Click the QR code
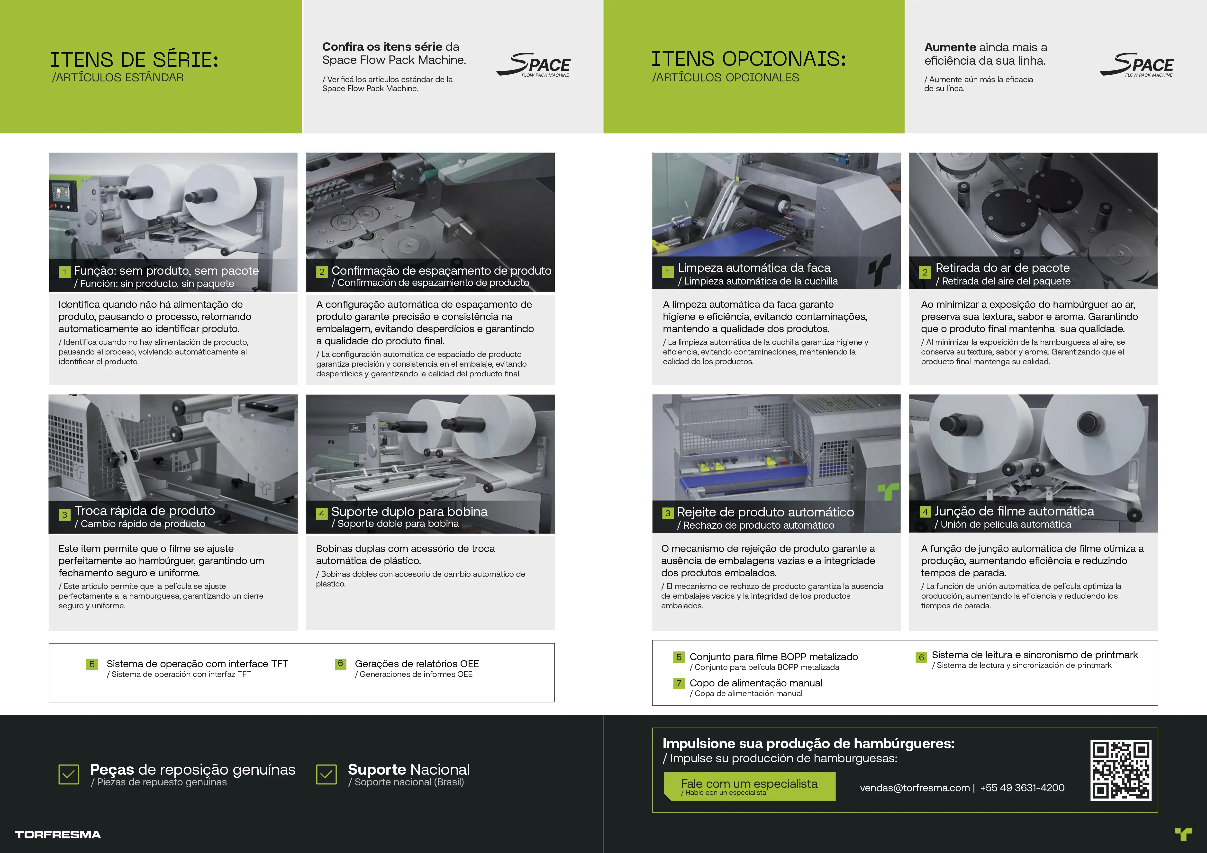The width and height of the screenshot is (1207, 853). pyautogui.click(x=1121, y=770)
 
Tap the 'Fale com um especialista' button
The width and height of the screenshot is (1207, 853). pyautogui.click(x=749, y=786)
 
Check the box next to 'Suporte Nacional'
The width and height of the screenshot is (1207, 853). pyautogui.click(x=327, y=774)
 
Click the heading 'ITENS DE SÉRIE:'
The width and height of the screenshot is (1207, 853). pyautogui.click(x=134, y=60)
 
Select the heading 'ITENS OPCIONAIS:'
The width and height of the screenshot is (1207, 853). pyautogui.click(x=749, y=59)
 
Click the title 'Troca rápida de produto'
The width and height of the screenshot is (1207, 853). pyautogui.click(x=145, y=511)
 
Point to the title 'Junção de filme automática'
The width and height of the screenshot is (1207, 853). pyautogui.click(x=1014, y=511)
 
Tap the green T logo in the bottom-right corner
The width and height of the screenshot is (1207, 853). pyautogui.click(x=1183, y=834)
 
